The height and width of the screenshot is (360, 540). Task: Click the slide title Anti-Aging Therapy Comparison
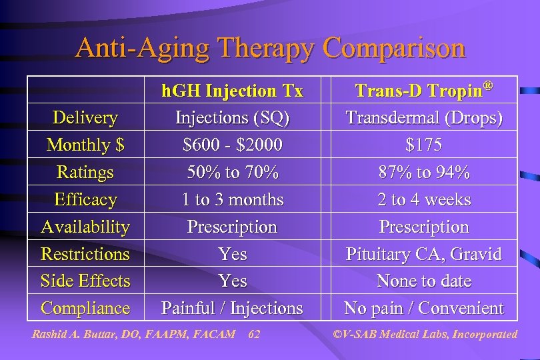pos(270,48)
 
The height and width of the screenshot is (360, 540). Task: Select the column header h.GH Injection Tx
pos(232,90)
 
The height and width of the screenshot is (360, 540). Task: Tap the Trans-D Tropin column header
pos(423,90)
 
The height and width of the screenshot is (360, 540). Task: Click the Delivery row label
pos(85,118)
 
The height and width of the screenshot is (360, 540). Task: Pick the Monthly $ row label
pos(85,145)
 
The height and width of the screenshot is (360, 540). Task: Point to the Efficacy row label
pos(85,199)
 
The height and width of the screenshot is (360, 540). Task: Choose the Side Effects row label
pos(85,281)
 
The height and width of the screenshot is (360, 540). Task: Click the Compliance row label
pos(85,308)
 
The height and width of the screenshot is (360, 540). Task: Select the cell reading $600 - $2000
pos(232,145)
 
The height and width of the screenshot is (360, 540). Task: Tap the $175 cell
pos(423,145)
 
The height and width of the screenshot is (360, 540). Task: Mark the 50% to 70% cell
pos(232,172)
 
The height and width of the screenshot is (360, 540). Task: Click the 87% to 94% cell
pos(423,172)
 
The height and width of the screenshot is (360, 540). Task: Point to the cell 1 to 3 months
pos(232,199)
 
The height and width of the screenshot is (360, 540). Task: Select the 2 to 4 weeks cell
pos(423,199)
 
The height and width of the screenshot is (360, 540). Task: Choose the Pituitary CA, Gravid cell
pos(423,254)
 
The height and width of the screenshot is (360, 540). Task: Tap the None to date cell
pos(423,281)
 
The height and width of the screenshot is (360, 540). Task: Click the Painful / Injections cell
pos(232,308)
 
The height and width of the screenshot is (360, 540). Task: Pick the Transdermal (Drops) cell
pos(423,118)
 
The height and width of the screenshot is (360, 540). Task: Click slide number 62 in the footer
pos(253,334)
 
